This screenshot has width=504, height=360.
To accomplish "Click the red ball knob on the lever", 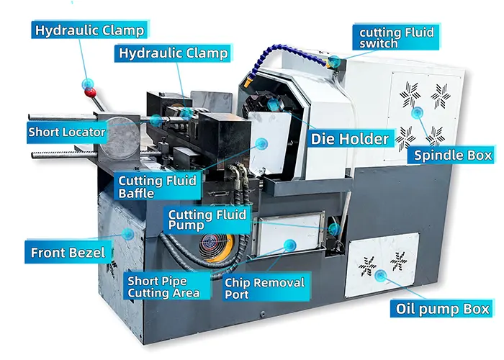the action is (x=90, y=93).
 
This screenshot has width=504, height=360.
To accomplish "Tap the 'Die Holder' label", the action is (x=351, y=138).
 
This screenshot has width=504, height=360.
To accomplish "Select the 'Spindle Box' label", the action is (x=453, y=156).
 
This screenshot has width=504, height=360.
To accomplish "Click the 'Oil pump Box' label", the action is (x=442, y=309).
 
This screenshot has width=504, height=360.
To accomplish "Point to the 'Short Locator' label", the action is (x=67, y=132).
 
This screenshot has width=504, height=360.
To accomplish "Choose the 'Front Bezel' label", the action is (x=68, y=252).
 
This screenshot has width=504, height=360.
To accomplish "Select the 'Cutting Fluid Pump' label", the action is (x=207, y=220).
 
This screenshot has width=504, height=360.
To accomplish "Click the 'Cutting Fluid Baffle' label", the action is (x=158, y=186).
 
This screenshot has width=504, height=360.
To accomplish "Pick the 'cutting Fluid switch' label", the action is (x=396, y=37).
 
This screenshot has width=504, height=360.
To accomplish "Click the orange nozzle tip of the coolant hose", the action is (x=248, y=84).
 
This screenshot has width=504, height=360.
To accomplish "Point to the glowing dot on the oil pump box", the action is (x=381, y=275).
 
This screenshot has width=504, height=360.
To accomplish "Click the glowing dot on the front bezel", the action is (x=128, y=234).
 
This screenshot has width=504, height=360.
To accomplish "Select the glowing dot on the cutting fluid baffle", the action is (x=261, y=144).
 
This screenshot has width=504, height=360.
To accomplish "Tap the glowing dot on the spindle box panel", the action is (x=417, y=112).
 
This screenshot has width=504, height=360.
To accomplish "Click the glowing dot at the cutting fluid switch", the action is (x=335, y=62).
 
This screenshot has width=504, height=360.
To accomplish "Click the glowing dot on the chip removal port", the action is (x=289, y=246).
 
